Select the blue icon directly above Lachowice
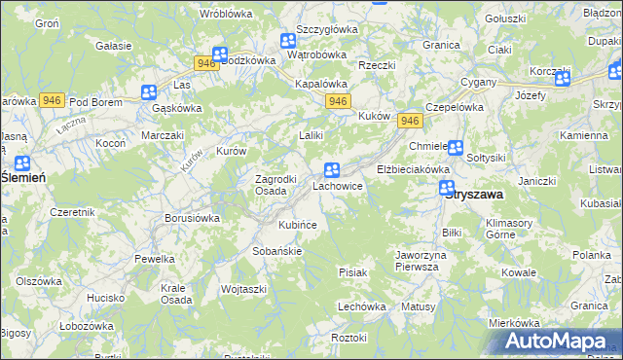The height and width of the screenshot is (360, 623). coord(332,170)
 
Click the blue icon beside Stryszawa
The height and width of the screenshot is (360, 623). coord(447,188)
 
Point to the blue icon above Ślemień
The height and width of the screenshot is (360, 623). coord(22,163)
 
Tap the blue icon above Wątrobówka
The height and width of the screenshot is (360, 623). coord(288,41)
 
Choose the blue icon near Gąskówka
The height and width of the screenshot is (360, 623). coord(149,93)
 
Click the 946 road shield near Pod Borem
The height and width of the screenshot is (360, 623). coord(53,100)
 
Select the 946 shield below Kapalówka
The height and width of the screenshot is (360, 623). coord(338,101)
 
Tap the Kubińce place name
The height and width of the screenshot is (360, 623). coord(298,225)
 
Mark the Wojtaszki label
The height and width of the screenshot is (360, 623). coord(244,289)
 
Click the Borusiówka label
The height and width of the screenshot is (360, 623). coord(192,219)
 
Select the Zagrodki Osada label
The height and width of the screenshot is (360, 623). coord(256,185)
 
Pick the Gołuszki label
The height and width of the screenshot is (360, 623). coord(505,18)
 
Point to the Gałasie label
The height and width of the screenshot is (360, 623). coord(115,46)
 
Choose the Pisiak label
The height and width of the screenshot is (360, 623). coord(352,272)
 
